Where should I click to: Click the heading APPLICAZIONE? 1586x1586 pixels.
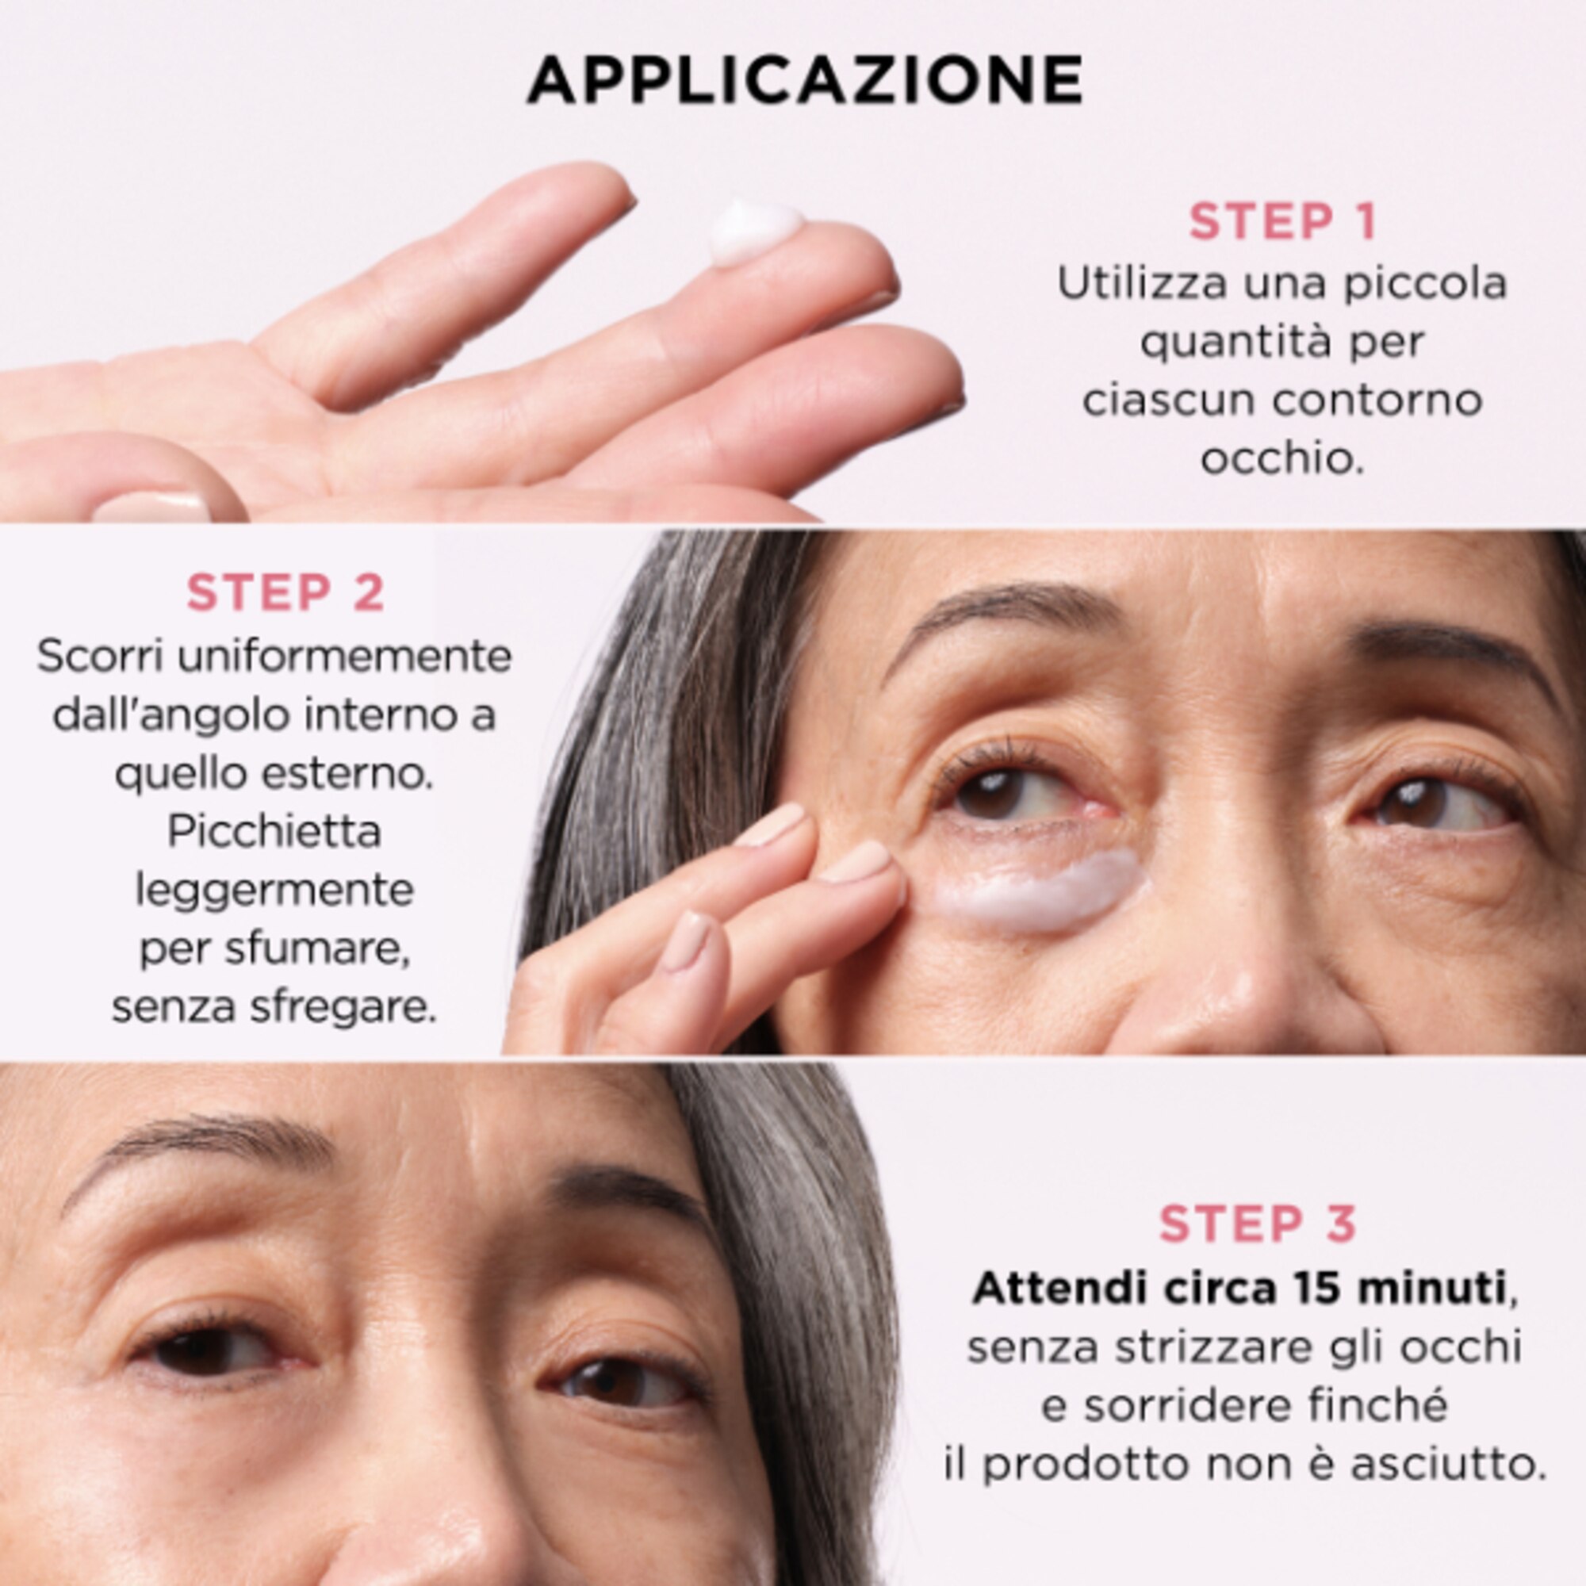[x=804, y=80]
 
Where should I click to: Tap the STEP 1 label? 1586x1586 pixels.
[x=1282, y=222]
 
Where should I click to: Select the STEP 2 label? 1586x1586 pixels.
[x=285, y=592]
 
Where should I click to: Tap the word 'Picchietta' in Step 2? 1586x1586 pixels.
[x=274, y=833]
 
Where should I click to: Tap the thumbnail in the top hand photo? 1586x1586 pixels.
[x=152, y=507]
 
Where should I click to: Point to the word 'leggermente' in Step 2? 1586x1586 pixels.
[x=274, y=891]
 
